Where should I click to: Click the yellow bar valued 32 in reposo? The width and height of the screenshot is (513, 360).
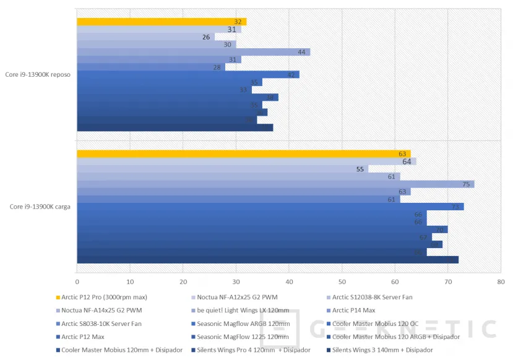coord(161,22)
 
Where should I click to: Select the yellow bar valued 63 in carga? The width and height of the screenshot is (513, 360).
coord(243,153)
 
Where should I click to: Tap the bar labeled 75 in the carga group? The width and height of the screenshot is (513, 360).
coord(275,184)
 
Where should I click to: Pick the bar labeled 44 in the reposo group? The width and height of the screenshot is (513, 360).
coord(193,52)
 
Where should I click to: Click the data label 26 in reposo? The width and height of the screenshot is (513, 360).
coord(206,37)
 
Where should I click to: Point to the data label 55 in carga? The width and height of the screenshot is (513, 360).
coord(360,169)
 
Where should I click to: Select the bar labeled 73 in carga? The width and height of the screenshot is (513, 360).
coord(270,207)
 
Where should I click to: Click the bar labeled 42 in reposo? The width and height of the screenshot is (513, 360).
coord(188,74)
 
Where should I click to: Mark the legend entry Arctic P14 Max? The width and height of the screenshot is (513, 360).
coord(354,310)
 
